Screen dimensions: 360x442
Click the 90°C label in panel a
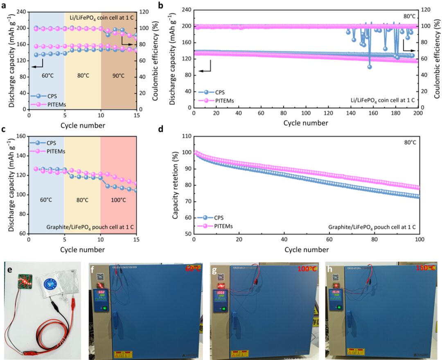point(119,76)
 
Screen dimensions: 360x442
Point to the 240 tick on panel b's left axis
point(186,9)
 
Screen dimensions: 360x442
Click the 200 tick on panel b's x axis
point(418,113)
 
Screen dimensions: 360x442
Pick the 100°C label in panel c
point(119,200)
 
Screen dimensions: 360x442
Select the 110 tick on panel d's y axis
point(186,136)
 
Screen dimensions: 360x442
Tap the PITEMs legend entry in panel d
point(223,226)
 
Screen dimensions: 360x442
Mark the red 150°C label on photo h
point(423,267)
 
